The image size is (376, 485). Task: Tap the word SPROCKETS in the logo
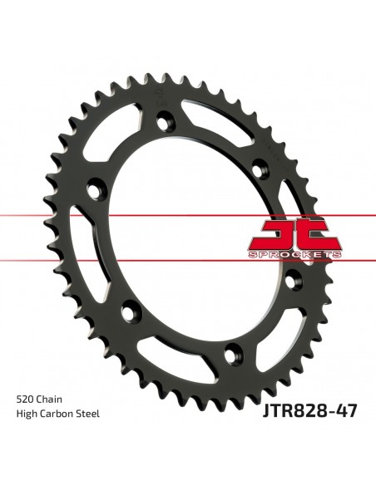[295, 253]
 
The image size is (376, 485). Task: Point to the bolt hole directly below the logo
[291, 281]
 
